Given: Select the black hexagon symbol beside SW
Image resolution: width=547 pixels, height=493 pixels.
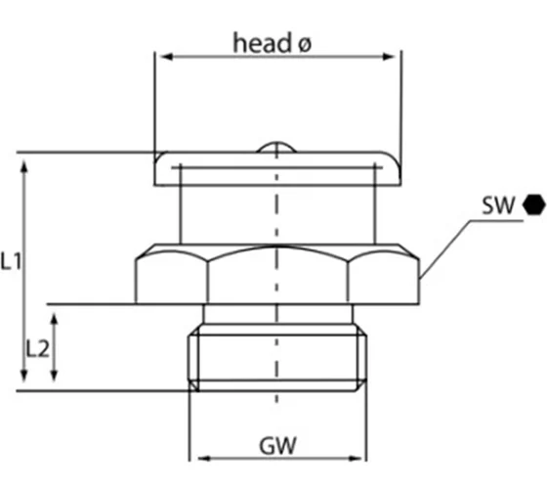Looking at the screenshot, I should [532, 205].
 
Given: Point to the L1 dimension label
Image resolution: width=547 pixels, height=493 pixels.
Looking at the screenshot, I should [13, 261].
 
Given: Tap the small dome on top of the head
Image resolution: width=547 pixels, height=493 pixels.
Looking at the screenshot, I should [277, 148].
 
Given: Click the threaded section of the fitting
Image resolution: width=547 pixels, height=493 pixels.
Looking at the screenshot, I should [277, 360].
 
